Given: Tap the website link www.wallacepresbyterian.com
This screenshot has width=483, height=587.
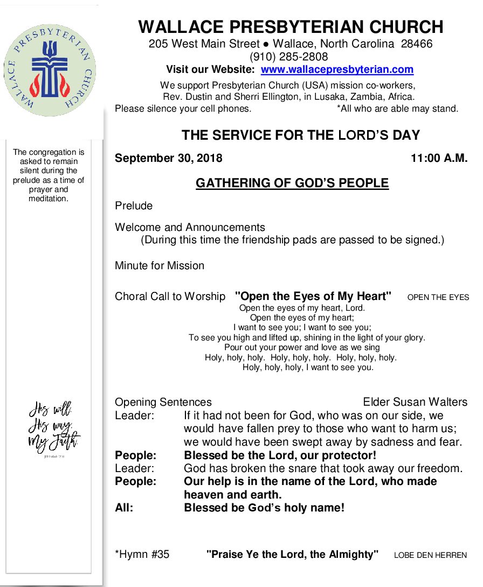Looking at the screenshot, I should point(337,70).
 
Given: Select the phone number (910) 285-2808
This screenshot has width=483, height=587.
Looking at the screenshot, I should point(288,57).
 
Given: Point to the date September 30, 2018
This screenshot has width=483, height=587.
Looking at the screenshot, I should point(168,159).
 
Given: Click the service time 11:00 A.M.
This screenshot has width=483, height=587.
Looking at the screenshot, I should point(439,159).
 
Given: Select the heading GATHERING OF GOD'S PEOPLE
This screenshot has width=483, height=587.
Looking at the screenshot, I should point(292,183).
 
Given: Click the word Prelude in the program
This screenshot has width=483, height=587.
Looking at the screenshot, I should point(134,206).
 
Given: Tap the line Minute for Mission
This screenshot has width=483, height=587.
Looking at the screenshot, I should point(160,265).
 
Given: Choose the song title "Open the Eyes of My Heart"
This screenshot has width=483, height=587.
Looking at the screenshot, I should point(313,296).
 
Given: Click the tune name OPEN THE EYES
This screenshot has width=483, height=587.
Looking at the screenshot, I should point(438,297).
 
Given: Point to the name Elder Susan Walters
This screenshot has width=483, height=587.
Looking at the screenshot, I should point(415,402).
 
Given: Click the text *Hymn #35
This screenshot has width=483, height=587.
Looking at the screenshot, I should point(142,554).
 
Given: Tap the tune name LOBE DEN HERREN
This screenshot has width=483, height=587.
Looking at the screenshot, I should point(430,555).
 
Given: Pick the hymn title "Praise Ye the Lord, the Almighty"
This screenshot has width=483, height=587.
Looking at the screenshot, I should point(292,554).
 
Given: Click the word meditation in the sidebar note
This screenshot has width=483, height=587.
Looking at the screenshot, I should point(49,199).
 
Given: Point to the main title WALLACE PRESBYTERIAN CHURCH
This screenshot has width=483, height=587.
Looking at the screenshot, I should point(291,27).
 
